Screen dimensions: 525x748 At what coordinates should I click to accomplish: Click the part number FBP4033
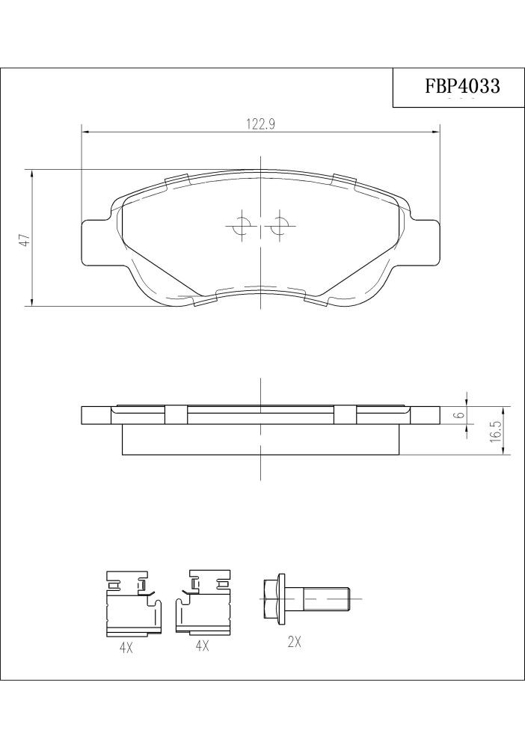point(462,86)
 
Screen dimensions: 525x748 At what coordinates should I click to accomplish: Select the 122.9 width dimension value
point(260,124)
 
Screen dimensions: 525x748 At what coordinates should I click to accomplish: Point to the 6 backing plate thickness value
point(460,414)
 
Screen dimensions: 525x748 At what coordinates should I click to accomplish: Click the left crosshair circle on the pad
point(242,224)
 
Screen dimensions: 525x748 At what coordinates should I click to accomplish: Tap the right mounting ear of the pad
point(423,242)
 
